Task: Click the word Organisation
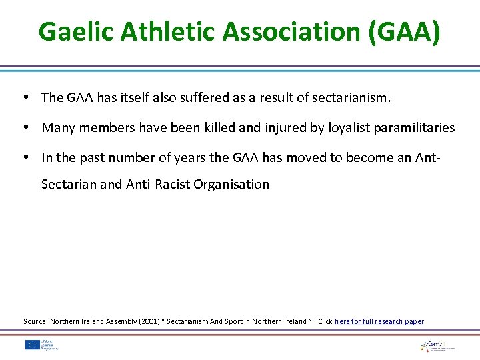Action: click(231, 184)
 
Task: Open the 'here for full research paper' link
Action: click(379, 321)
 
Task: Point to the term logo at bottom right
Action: click(437, 345)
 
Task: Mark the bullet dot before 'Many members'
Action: click(25, 127)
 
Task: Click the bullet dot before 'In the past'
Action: click(25, 158)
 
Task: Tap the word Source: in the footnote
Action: click(34, 321)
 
